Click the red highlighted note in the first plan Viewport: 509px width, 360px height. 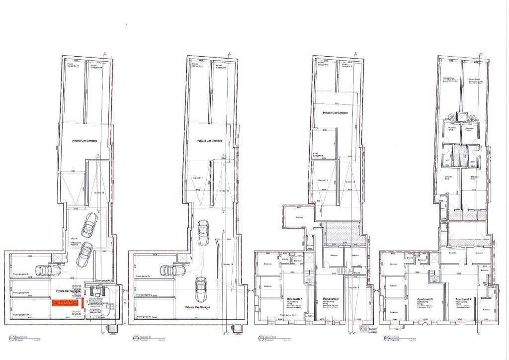pyautogui.click(x=65, y=302)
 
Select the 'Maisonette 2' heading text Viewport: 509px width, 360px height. pyautogui.click(x=331, y=298)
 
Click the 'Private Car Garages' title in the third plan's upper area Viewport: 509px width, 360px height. pyautogui.click(x=335, y=113)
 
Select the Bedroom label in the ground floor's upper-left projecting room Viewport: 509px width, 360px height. pyautogui.click(x=299, y=217)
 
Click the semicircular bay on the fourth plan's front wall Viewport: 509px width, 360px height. pyautogui.click(x=425, y=324)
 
